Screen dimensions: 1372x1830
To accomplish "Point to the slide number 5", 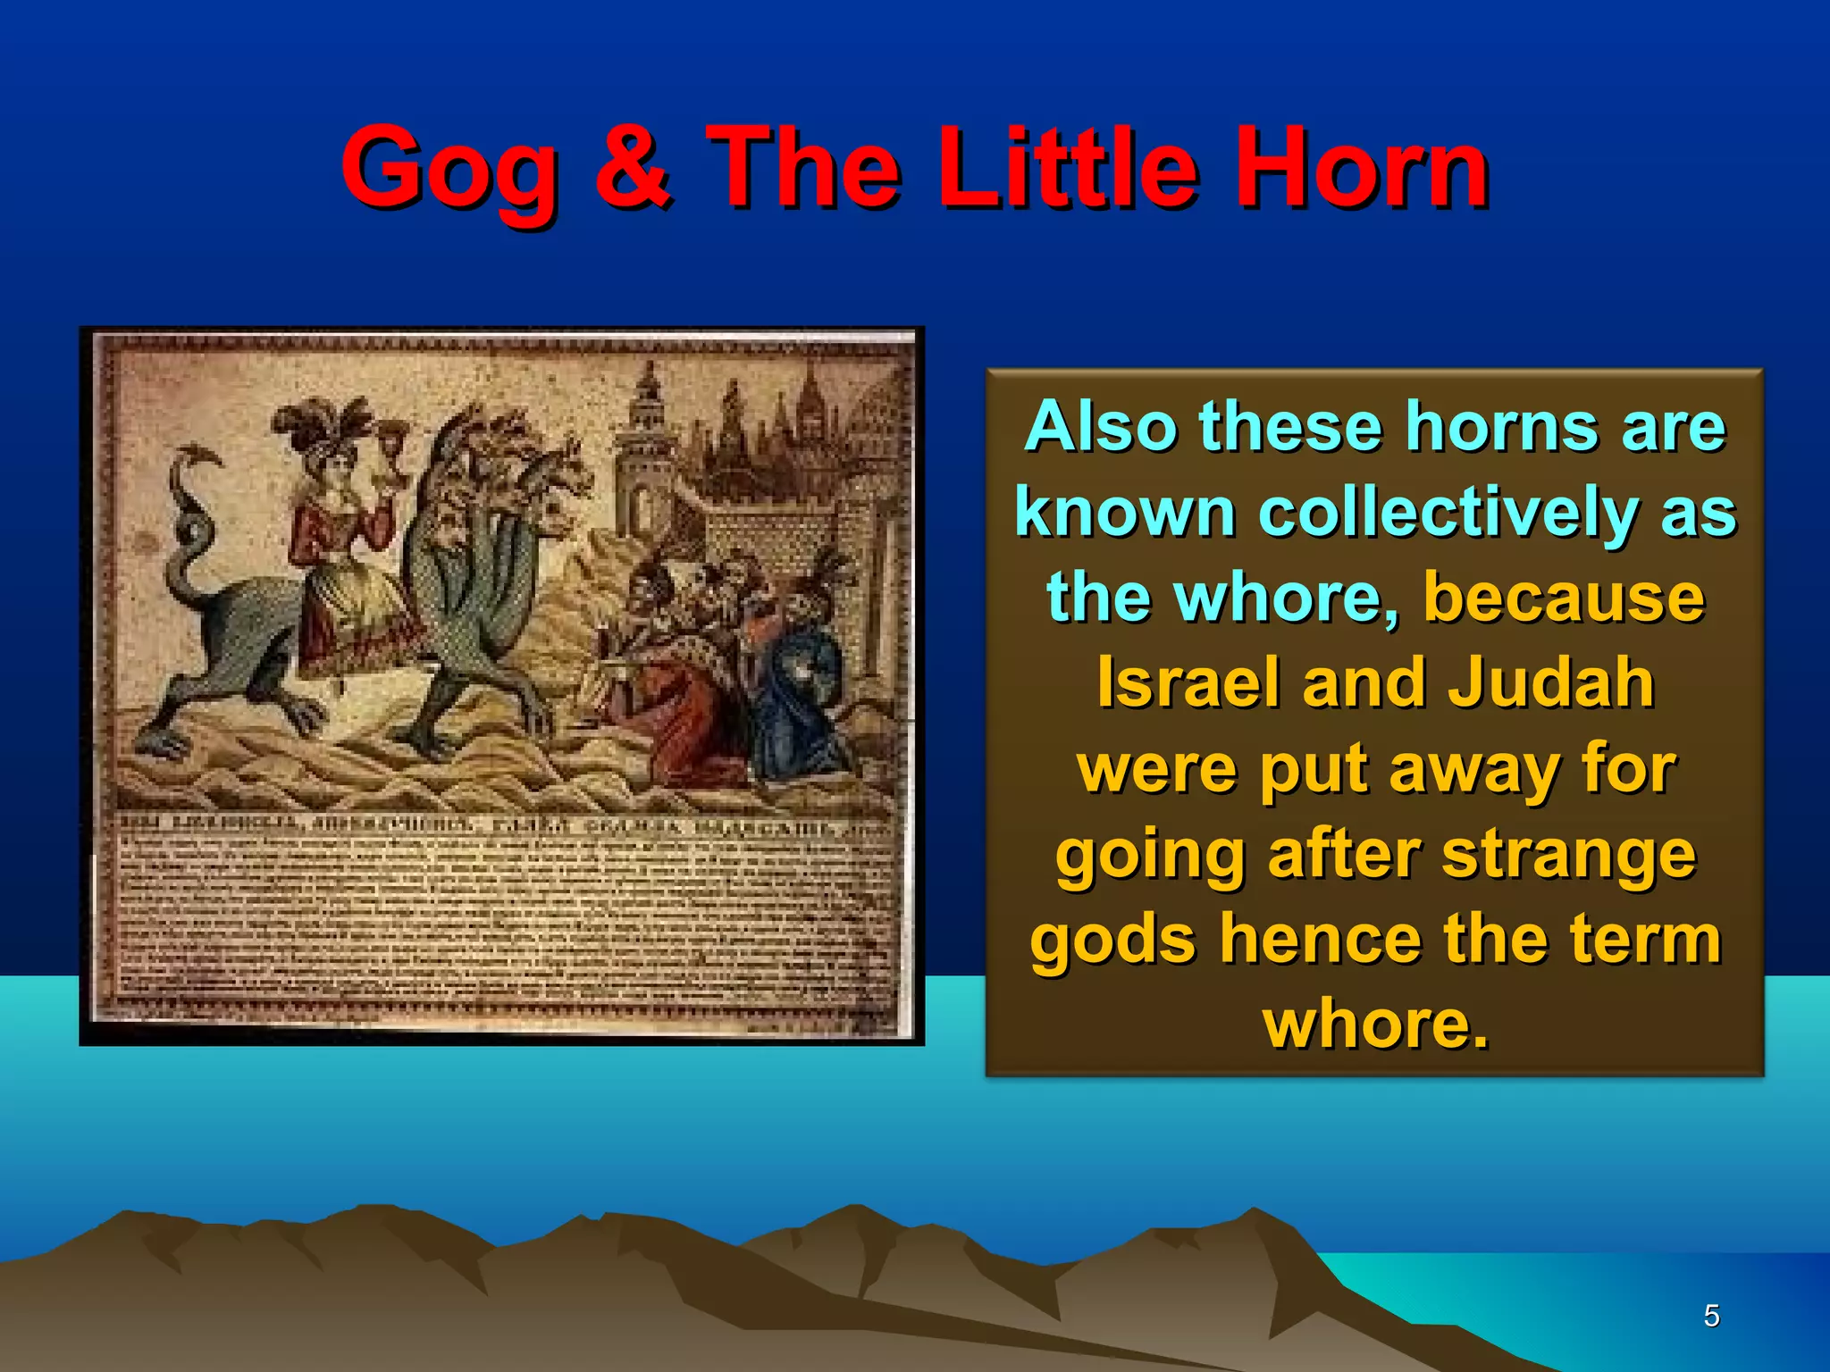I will [x=1711, y=1316].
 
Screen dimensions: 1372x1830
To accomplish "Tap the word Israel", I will [x=1189, y=683].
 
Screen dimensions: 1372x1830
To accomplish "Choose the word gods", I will [x=1112, y=940].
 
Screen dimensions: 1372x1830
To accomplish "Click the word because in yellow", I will [x=1564, y=598].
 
